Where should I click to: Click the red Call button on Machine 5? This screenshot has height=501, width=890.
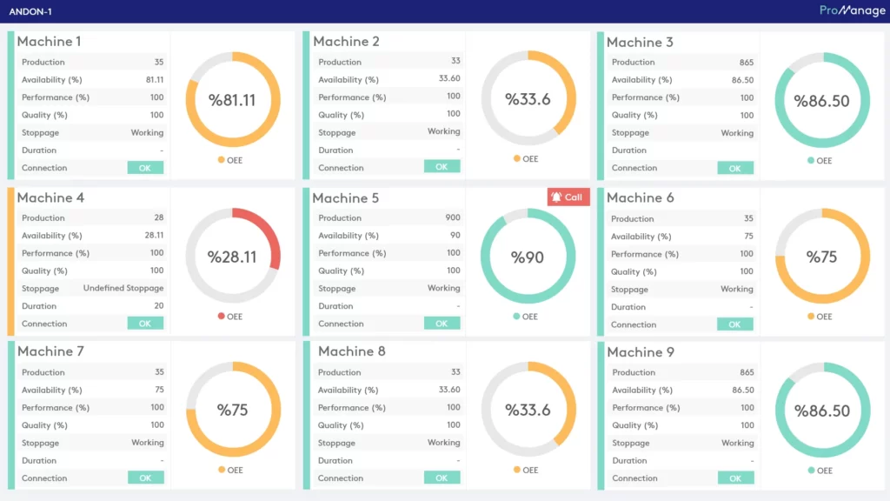point(568,197)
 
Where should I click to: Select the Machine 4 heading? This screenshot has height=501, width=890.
point(50,197)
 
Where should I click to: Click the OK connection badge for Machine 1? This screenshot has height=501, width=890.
point(145,168)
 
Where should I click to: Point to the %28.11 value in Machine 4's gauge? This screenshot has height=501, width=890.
point(232,257)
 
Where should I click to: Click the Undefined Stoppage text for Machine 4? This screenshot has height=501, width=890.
point(123,288)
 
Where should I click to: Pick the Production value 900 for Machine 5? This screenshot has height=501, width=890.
point(452,217)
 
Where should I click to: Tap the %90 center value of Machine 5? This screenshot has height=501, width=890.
point(527,257)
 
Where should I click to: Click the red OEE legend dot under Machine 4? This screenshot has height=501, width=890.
point(221,317)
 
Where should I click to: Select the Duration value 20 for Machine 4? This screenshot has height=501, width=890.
point(158,306)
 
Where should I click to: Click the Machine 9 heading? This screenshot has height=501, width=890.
point(640,352)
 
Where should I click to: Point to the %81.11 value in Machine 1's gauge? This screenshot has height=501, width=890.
point(232,100)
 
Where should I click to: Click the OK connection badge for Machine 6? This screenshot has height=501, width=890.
point(734,324)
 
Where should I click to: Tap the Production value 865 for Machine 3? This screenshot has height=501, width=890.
point(746,63)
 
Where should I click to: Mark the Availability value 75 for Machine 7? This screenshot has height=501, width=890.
point(159,390)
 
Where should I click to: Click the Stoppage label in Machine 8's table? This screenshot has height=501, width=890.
point(336,443)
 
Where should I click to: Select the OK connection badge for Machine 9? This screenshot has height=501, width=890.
point(735,478)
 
